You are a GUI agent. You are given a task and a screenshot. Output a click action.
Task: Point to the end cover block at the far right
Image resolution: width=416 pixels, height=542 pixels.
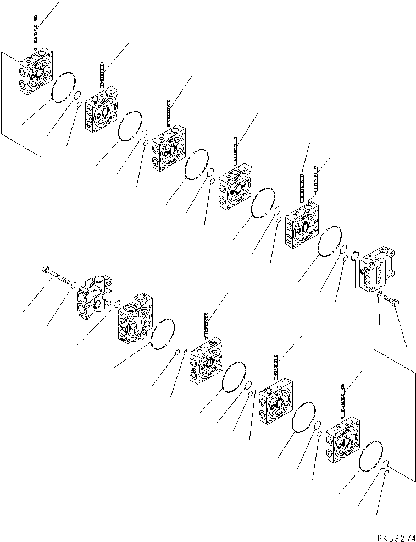[378, 270]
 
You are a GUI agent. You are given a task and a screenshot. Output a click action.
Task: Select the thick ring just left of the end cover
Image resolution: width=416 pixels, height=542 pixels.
[354, 255]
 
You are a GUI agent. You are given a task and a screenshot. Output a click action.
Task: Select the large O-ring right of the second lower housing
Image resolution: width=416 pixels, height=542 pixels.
[163, 335]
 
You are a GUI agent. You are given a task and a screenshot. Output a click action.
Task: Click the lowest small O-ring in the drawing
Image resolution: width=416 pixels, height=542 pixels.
[387, 473]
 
